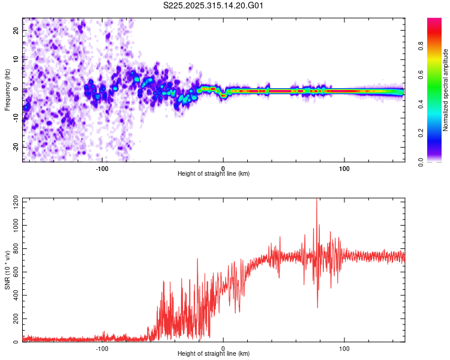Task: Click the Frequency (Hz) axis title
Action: [x=7, y=90]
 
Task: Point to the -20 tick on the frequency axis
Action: [x=16, y=147]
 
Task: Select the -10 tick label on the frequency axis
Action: [x=16, y=118]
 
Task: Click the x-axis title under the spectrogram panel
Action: [x=214, y=173]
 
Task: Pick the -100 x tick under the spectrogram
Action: [x=102, y=167]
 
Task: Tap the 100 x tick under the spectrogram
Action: [x=344, y=167]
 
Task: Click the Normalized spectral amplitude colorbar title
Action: [x=445, y=90]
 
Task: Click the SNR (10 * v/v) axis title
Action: [x=7, y=271]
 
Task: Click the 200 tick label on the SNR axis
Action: [x=14, y=319]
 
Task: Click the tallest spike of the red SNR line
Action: [x=316, y=200]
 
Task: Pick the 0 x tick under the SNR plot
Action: [x=223, y=348]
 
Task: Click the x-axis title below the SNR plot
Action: [x=214, y=354]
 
